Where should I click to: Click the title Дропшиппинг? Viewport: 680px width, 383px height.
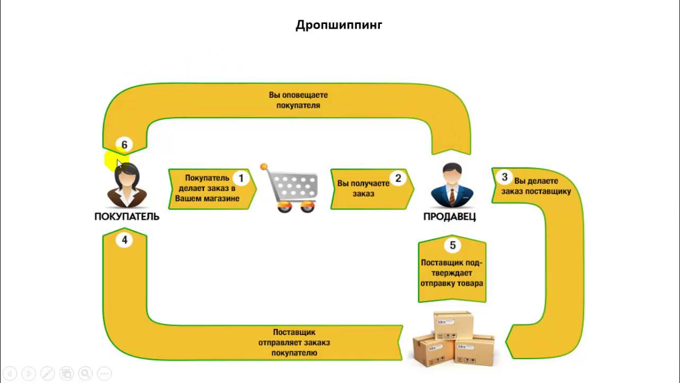tap(339, 25)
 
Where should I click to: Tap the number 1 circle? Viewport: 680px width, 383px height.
tap(241, 179)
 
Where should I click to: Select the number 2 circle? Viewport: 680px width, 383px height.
tap(398, 179)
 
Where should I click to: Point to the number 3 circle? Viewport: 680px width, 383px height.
tap(505, 177)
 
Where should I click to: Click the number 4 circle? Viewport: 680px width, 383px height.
tap(124, 240)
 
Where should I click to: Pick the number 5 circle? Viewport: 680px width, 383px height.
tap(453, 245)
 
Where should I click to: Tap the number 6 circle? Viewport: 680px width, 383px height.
tap(124, 145)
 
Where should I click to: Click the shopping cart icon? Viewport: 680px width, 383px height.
tap(291, 188)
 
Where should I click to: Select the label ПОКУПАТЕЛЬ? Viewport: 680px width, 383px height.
tap(127, 217)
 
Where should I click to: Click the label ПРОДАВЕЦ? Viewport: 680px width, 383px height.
tap(449, 217)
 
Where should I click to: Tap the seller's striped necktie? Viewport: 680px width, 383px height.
tap(452, 196)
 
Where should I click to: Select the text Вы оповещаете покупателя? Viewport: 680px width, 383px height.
tap(298, 100)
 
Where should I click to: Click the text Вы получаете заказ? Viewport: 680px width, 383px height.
tap(363, 188)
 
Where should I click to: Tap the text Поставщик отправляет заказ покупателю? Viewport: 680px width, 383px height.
tap(294, 342)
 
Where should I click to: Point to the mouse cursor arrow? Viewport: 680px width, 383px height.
tap(119, 164)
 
